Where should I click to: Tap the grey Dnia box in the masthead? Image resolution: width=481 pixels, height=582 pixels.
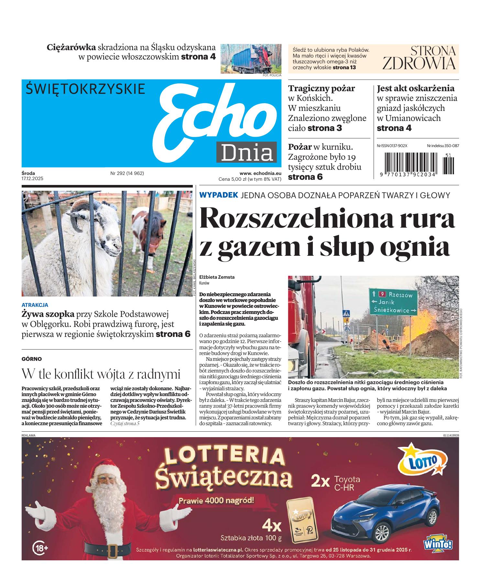coord(246,152)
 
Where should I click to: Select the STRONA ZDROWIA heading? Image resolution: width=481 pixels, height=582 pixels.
coord(419,58)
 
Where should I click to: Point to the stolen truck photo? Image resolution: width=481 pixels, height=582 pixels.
coord(251,59)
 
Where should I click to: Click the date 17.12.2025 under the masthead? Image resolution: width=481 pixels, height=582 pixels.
coord(32,178)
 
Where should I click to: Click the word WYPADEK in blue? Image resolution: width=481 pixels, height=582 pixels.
coord(219,195)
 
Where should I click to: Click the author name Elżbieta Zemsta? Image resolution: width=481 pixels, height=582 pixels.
coord(217,277)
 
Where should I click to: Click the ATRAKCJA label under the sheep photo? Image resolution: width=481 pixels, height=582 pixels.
coord(35,305)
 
